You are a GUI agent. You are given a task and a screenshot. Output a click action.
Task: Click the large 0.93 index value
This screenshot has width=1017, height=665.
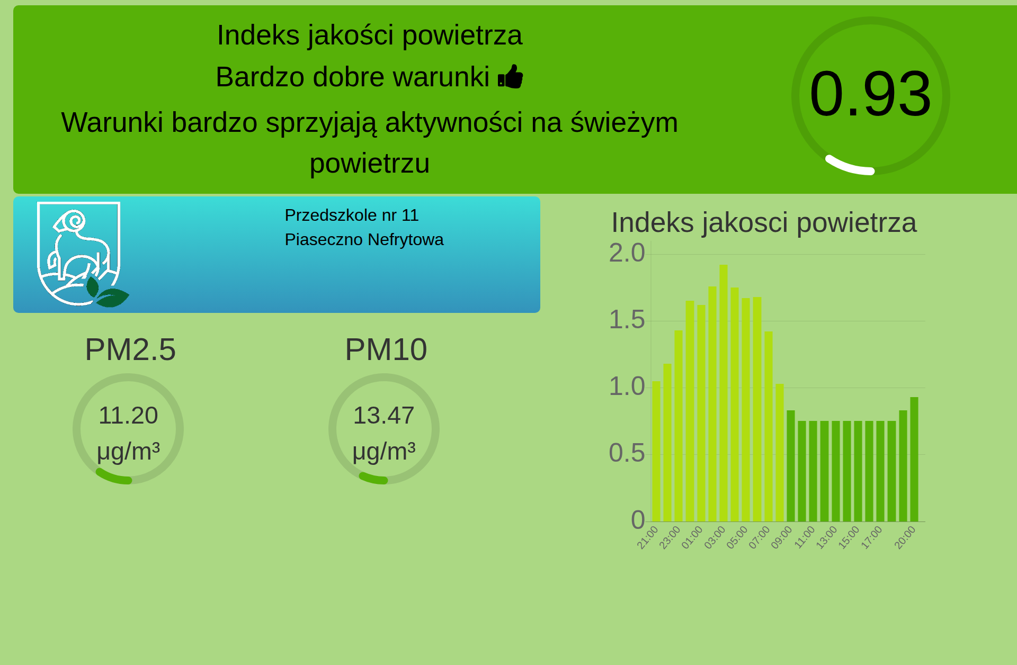870,94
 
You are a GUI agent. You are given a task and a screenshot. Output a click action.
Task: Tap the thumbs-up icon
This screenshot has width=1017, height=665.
511,77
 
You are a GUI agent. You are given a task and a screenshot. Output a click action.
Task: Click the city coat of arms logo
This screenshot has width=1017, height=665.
83,254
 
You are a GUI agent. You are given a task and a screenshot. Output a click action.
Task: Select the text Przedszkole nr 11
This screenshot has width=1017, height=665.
352,215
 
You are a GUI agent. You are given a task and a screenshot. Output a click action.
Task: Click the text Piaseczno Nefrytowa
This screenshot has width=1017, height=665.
364,239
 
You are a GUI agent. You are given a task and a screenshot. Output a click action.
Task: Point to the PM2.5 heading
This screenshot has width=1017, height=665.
130,349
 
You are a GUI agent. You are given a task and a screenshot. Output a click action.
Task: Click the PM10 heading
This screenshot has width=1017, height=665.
386,349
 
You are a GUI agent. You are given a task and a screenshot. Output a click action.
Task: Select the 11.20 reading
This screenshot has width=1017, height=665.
128,415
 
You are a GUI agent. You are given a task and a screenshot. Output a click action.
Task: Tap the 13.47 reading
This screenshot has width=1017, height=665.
383,415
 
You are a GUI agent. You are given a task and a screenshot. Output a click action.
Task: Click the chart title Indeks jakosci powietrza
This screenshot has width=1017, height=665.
764,222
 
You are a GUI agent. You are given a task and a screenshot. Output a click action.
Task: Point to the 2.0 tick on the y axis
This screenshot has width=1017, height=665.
627,253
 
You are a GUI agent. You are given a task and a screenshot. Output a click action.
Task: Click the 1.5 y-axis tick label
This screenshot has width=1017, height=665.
627,319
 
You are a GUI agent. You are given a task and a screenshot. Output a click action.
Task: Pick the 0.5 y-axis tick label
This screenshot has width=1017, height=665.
627,453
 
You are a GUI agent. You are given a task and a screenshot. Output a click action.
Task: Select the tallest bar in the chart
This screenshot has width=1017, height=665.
724,393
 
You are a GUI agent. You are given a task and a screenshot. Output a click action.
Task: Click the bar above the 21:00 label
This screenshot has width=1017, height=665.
656,451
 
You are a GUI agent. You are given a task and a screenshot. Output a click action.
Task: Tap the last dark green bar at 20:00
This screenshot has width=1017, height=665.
914,459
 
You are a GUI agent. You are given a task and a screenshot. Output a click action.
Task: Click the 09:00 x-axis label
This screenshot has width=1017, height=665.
781,537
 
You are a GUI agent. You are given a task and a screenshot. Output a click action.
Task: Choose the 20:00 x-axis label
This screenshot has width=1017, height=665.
905,537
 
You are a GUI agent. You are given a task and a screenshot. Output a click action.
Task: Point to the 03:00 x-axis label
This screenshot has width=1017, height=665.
715,537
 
